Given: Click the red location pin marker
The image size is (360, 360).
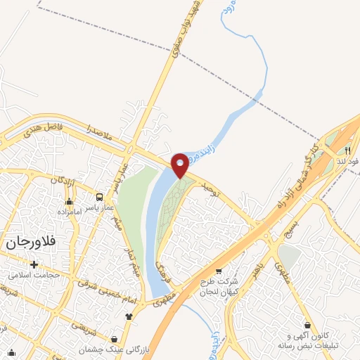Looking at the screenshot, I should click(180, 165).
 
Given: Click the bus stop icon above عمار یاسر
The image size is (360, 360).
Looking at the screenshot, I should click(99, 198).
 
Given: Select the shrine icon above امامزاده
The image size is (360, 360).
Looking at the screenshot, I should click(68, 201).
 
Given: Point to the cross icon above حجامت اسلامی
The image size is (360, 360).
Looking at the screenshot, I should click(33, 264).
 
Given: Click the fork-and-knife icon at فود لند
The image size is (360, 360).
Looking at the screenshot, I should click(346, 150).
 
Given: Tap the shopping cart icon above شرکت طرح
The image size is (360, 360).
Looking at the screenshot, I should click(218, 271).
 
